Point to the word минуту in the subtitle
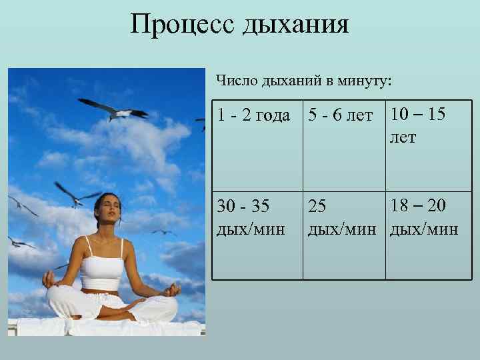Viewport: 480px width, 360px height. pos(367,81)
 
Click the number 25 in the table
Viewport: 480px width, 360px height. pos(317,208)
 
